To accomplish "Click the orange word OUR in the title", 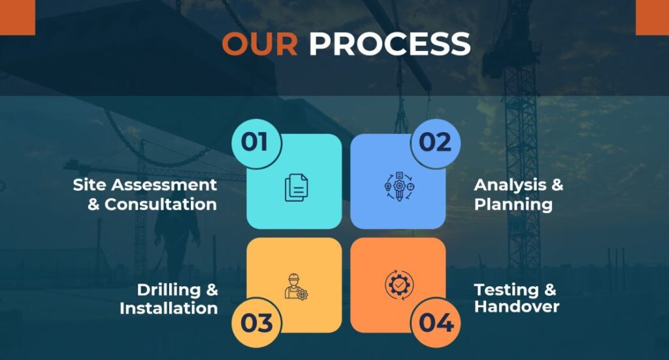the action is pyautogui.click(x=260, y=44).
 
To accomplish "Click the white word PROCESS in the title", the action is pyautogui.click(x=389, y=44).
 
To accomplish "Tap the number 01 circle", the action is pyautogui.click(x=256, y=143).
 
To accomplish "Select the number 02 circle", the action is pyautogui.click(x=436, y=143).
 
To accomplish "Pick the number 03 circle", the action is pyautogui.click(x=256, y=323).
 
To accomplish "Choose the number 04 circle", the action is pyautogui.click(x=436, y=323).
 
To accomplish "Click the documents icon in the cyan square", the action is pyautogui.click(x=296, y=188).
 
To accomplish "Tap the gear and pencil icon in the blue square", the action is pyautogui.click(x=399, y=186).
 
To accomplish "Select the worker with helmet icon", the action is pyautogui.click(x=296, y=287).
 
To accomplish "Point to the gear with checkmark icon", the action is pyautogui.click(x=399, y=284).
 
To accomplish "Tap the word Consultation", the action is pyautogui.click(x=161, y=205).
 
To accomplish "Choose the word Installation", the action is pyautogui.click(x=169, y=308).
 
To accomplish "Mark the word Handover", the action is pyautogui.click(x=517, y=306).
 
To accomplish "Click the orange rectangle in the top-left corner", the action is pyautogui.click(x=18, y=18).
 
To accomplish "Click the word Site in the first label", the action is pyautogui.click(x=90, y=185).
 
